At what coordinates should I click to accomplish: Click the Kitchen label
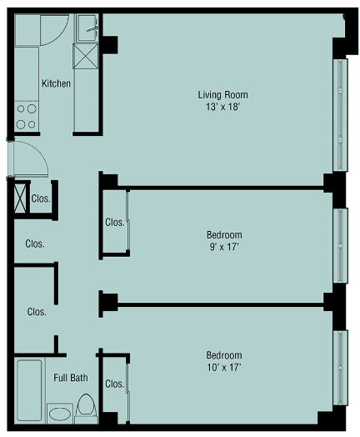56,83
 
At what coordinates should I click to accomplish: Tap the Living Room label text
222,95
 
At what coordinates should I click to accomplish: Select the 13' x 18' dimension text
222,107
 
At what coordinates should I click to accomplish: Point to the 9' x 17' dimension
224,247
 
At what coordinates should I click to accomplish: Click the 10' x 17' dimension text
224,367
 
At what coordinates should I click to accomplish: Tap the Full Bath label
71,378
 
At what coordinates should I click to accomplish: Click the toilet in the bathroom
86,409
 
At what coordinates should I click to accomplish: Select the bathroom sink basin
60,414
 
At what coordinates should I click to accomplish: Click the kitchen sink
87,28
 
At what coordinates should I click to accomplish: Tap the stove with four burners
27,117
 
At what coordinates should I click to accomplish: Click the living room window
340,115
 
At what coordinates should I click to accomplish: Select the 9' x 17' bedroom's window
340,245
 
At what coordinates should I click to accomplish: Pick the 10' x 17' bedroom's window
340,368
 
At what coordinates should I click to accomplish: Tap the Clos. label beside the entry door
41,198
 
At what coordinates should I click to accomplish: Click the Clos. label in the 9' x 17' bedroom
115,223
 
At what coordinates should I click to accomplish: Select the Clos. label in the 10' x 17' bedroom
115,384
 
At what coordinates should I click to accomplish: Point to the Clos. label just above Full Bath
37,312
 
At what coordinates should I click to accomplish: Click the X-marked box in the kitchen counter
86,56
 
